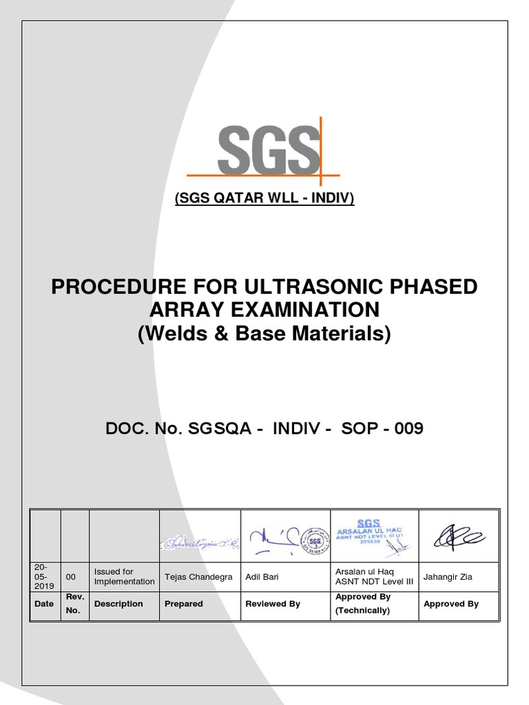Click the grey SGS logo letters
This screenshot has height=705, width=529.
[x=269, y=150]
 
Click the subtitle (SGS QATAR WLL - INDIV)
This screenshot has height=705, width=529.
[x=264, y=199]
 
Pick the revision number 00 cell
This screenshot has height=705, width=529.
[x=71, y=576]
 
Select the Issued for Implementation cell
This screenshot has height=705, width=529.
[x=124, y=576]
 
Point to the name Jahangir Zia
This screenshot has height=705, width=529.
[x=448, y=576]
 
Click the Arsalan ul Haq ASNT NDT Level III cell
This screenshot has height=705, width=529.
[x=374, y=576]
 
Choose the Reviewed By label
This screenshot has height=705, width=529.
[x=273, y=604]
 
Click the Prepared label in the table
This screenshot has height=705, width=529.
[x=184, y=604]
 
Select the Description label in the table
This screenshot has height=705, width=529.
[x=118, y=604]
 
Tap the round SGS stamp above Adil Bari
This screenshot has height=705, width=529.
[x=318, y=540]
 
